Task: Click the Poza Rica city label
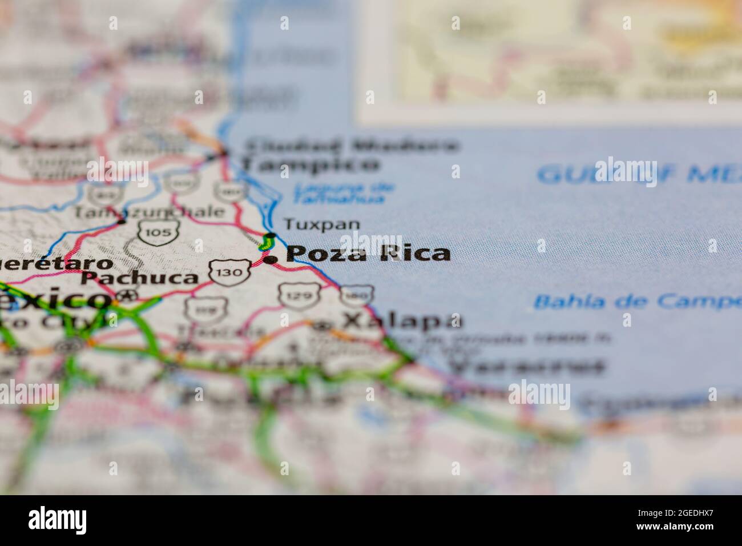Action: point(368,254)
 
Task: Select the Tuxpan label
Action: point(322,224)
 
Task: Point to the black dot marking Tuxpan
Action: point(271,235)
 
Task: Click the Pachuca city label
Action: point(139,279)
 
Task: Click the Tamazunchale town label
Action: point(149,212)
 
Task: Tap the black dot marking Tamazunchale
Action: point(121,220)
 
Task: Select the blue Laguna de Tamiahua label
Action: point(342,193)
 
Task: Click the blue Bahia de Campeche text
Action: point(636,301)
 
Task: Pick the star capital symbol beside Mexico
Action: point(129,296)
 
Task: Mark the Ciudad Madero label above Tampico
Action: point(351,145)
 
